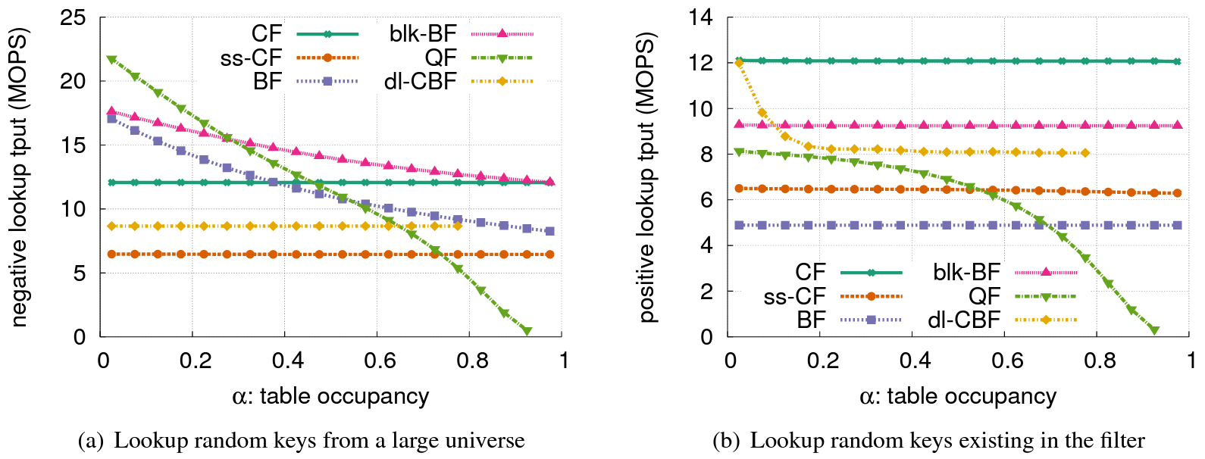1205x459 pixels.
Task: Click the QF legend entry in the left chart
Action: click(440, 58)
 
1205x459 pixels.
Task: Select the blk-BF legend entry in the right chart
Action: click(966, 272)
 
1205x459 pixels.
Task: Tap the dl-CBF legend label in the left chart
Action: click(420, 81)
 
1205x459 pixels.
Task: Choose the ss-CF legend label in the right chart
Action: click(793, 296)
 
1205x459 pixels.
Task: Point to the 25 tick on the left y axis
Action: click(73, 17)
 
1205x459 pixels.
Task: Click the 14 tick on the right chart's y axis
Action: click(700, 17)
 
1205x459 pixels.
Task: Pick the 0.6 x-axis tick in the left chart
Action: click(380, 360)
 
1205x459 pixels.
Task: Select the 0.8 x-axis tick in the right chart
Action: click(1100, 360)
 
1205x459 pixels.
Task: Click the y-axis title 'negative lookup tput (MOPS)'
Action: click(18, 177)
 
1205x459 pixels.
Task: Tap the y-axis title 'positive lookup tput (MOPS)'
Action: click(646, 177)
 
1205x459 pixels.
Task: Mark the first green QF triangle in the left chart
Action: click(111, 59)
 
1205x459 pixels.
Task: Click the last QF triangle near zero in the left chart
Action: click(527, 331)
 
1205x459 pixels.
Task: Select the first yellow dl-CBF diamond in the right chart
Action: click(739, 63)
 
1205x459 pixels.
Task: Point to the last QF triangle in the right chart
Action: click(1154, 330)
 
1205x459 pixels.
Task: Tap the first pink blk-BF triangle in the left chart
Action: click(111, 111)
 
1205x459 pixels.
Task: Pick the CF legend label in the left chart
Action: click(266, 33)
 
